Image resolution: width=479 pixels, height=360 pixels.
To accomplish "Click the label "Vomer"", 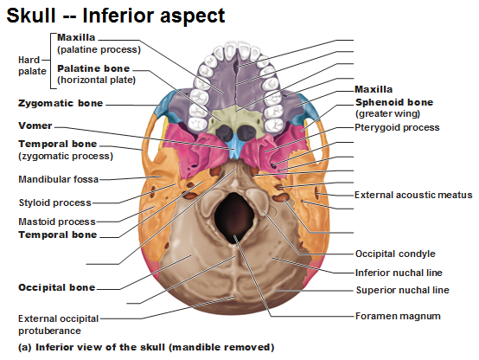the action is (35, 125).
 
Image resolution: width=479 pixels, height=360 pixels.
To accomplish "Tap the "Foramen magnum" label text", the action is (398, 316).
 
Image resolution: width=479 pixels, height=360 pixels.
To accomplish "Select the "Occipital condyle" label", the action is (395, 254).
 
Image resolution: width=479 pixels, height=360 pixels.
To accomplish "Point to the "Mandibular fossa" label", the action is (58, 179).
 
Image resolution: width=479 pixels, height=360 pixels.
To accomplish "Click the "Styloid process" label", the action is (55, 202).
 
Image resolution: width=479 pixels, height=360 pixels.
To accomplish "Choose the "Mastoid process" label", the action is (57, 222).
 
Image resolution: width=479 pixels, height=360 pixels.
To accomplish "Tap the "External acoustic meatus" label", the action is (413, 195).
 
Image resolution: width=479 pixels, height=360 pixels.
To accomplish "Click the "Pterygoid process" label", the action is (397, 127).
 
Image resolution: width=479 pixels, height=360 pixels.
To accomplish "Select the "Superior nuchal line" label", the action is (403, 290).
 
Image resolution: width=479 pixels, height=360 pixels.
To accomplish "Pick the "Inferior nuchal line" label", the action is (399, 273).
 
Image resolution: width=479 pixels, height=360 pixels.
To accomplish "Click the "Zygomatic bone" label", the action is (61, 103).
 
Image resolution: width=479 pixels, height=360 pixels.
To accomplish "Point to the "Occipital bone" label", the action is (57, 287).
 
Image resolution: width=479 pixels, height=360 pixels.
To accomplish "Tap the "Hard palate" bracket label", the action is (32, 66).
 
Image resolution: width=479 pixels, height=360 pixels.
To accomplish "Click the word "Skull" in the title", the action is (31, 16).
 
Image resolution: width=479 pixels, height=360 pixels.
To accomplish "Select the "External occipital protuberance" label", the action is (58, 325).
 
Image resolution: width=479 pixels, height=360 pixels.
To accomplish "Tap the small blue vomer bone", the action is (234, 147).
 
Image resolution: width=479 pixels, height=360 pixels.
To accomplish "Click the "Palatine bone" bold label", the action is (93, 68).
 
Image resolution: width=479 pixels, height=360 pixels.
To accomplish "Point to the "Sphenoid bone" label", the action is (394, 102).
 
